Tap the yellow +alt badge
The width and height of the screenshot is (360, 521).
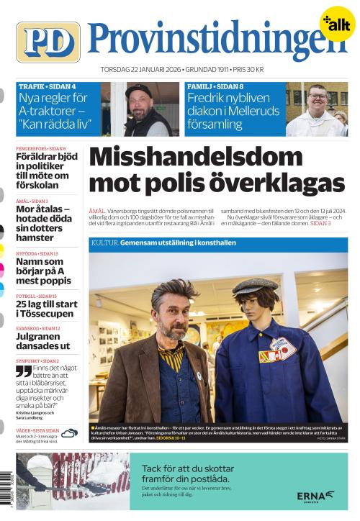[x=336, y=24]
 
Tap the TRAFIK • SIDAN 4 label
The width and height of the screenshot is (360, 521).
[x=47, y=86]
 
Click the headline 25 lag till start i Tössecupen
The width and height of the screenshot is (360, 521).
[x=46, y=309]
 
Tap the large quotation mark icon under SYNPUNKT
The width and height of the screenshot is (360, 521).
[x=23, y=371]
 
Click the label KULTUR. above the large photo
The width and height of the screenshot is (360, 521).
[x=104, y=244]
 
